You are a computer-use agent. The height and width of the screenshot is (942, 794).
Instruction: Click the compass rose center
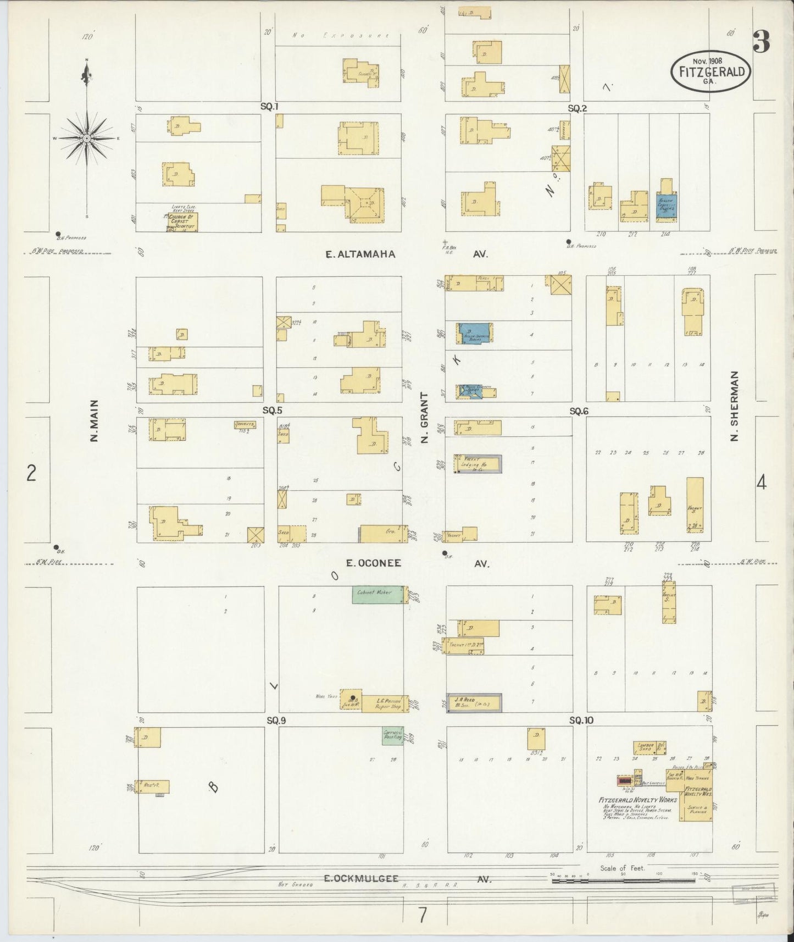tap(87, 138)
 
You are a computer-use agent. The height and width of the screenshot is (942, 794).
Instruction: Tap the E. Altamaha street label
tap(360, 254)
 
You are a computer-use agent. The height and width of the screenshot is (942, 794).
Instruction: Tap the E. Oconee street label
tap(373, 563)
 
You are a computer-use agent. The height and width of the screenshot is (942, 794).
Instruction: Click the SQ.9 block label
tap(276, 721)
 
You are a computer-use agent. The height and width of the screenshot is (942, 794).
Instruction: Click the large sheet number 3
tap(761, 41)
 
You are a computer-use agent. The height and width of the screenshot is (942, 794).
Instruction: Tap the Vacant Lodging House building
tap(477, 464)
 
